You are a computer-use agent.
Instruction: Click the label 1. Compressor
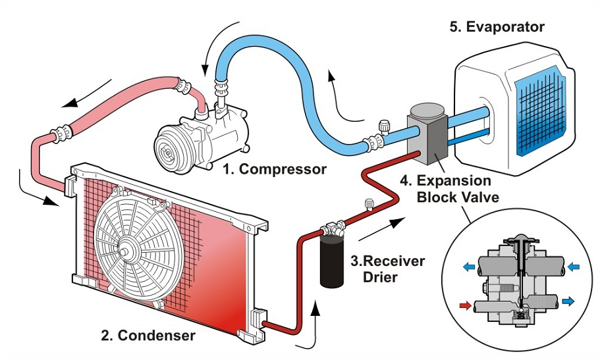[274, 169]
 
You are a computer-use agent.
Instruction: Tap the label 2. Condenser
[148, 336]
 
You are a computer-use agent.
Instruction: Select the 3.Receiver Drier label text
[387, 269]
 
